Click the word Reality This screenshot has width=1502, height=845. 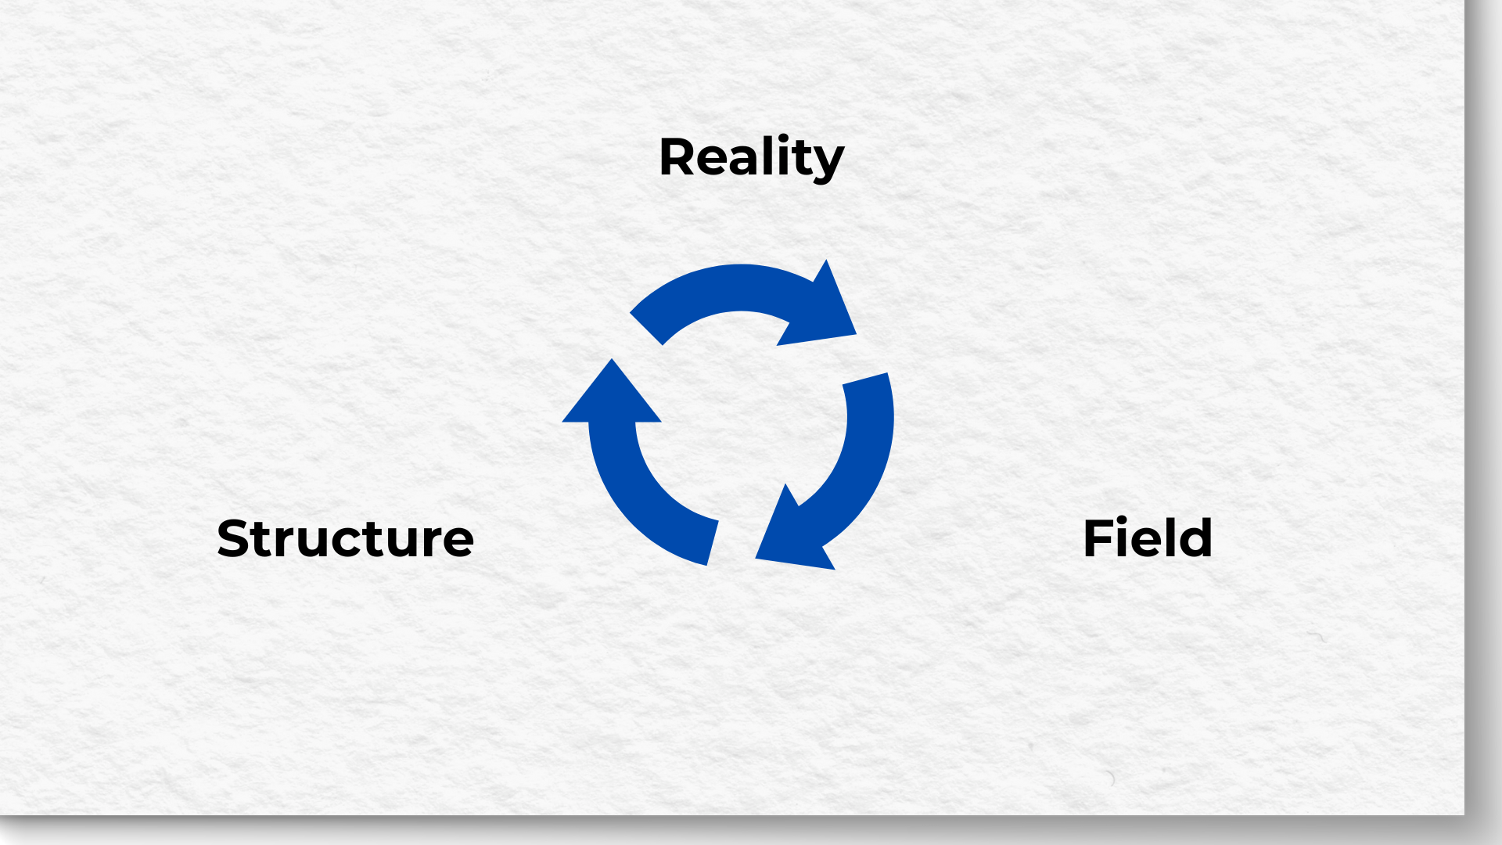tap(751, 158)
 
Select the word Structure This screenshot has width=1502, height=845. tap(345, 539)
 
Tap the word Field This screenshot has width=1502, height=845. tap(1147, 538)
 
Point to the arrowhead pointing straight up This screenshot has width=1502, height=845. tap(612, 395)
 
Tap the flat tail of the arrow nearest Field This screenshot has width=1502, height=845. tap(866, 379)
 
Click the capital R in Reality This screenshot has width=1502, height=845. tap(677, 157)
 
